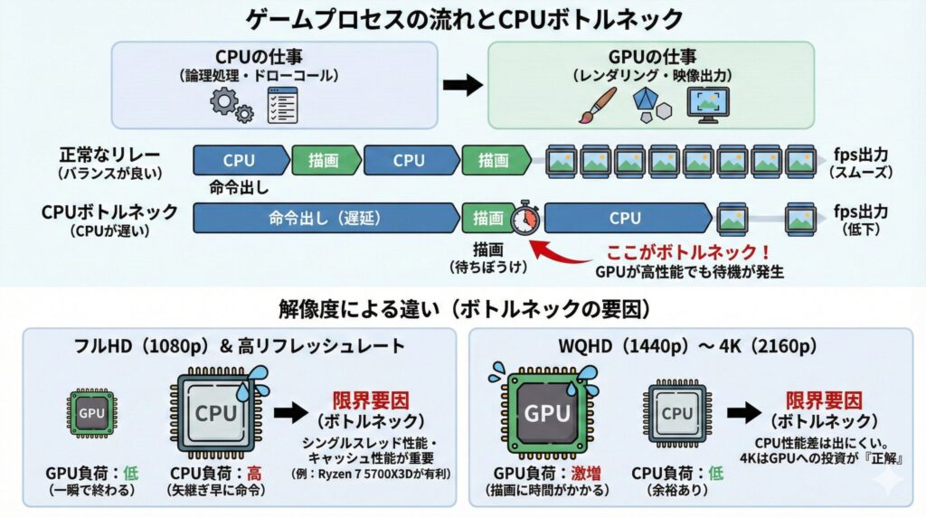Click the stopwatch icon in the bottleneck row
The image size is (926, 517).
tap(525, 218)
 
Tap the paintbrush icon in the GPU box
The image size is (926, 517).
tap(596, 105)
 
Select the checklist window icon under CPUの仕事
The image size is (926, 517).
tap(282, 106)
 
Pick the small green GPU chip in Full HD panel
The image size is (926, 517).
tap(93, 413)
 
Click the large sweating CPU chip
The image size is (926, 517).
tap(216, 413)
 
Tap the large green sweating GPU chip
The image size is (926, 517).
tap(548, 413)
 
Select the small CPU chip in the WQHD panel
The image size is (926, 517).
tap(676, 413)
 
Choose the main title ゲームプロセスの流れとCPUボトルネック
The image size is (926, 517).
tap(462, 19)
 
